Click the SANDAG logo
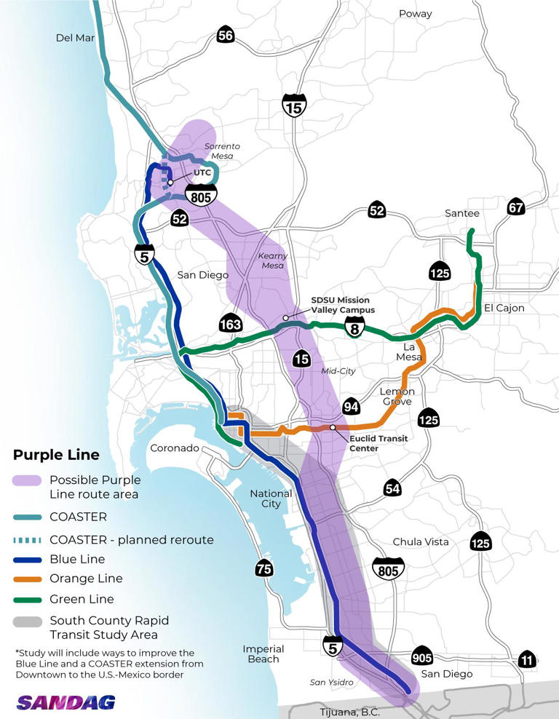pyautogui.click(x=66, y=702)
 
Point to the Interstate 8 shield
pyautogui.click(x=354, y=325)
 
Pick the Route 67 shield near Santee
pyautogui.click(x=515, y=206)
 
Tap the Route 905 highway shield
pyautogui.click(x=422, y=656)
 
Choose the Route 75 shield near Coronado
pyautogui.click(x=264, y=568)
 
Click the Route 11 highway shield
pyautogui.click(x=527, y=659)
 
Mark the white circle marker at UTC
pyautogui.click(x=170, y=183)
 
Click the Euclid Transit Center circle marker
pyautogui.click(x=333, y=427)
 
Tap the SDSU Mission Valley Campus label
pyautogui.click(x=341, y=304)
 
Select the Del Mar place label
pyautogui.click(x=76, y=38)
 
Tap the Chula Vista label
pyautogui.click(x=420, y=542)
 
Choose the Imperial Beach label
pyautogui.click(x=262, y=654)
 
